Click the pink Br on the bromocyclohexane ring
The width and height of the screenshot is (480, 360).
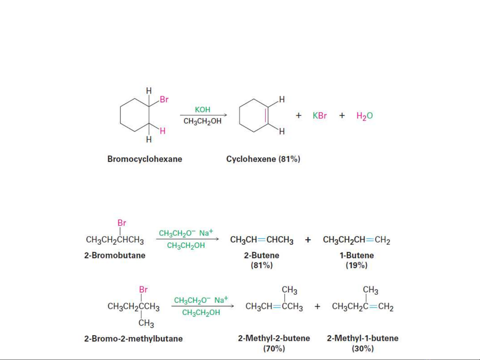164,100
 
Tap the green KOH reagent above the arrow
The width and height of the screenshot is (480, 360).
203,110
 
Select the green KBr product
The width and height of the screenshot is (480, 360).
319,116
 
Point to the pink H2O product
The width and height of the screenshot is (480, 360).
364,116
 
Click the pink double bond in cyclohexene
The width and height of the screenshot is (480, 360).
265,116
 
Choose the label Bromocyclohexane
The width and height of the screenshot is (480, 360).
145,159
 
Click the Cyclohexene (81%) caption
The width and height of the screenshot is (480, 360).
263,159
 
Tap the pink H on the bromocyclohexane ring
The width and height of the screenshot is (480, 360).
163,131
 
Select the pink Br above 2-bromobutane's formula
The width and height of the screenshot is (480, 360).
122,223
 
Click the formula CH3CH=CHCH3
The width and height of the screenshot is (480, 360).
261,240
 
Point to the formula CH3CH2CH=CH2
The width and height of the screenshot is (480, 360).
356,240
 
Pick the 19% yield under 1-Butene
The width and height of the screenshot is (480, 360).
356,265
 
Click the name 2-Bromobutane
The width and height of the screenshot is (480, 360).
115,255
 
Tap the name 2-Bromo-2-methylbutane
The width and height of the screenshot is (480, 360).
133,339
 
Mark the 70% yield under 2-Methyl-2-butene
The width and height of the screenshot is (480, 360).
274,348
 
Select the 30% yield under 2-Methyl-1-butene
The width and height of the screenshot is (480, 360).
362,348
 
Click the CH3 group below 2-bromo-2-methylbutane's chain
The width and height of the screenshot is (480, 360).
146,323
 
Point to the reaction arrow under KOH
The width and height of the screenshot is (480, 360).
204,115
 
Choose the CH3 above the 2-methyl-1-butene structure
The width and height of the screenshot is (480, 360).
370,290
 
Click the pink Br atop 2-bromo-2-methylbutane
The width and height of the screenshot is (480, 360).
143,289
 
